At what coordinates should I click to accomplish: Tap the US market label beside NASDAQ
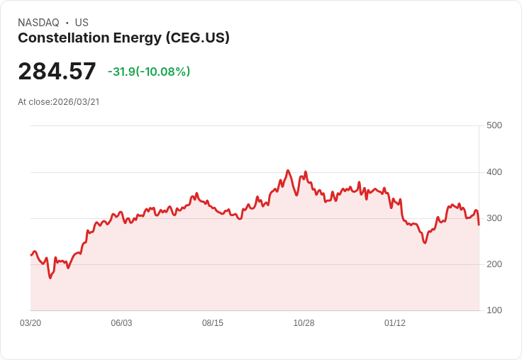coord(82,23)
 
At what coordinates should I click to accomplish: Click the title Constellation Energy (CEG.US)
coord(123,38)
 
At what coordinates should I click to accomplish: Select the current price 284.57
coord(57,72)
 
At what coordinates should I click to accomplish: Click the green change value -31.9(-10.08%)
coord(149,72)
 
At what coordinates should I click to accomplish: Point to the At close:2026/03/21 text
coord(58,102)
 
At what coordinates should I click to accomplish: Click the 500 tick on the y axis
coord(494,125)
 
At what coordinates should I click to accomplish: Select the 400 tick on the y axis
coord(494,172)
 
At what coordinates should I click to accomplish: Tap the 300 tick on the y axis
coord(494,218)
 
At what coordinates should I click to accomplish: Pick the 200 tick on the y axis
coord(494,264)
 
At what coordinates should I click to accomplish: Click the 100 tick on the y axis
coord(494,310)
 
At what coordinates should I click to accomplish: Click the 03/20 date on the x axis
coord(30,323)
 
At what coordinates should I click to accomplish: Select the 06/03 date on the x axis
coord(121,323)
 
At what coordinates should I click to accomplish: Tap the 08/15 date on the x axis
coord(213,323)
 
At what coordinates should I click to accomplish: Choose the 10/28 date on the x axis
coord(304,323)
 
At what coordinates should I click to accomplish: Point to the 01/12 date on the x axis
coord(395,323)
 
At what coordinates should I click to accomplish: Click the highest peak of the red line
coord(288,170)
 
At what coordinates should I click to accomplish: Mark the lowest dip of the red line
coord(50,278)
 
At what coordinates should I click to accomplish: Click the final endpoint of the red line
coord(479,225)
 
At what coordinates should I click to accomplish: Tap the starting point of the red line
coord(31,255)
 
